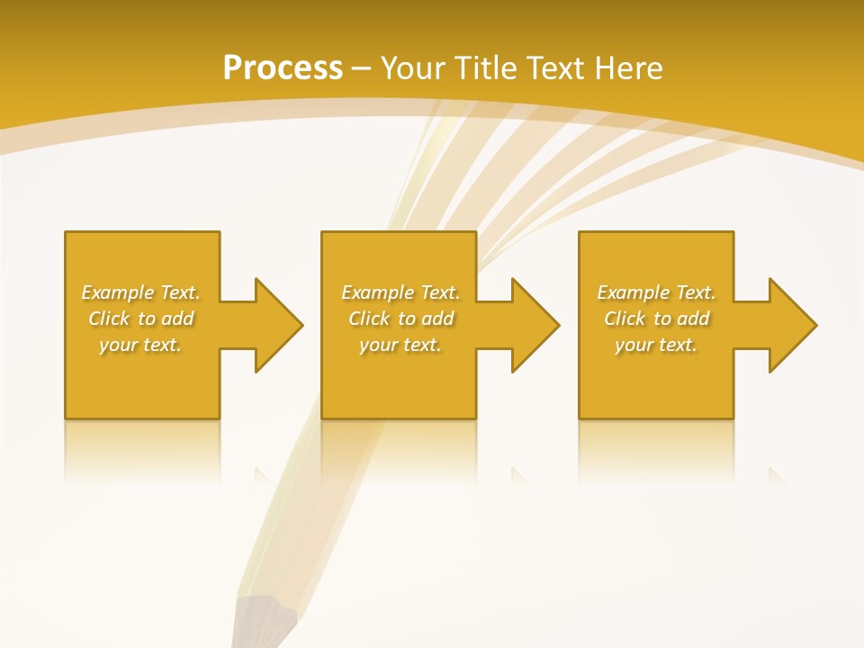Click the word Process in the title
click(283, 68)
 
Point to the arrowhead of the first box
click(278, 325)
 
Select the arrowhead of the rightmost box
click(792, 325)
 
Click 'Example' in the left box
click(118, 292)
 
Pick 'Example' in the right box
click(634, 292)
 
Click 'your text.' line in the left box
click(140, 345)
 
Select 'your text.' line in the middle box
click(400, 345)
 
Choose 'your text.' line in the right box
click(656, 345)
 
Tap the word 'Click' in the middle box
click(369, 319)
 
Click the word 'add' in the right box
click(693, 319)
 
